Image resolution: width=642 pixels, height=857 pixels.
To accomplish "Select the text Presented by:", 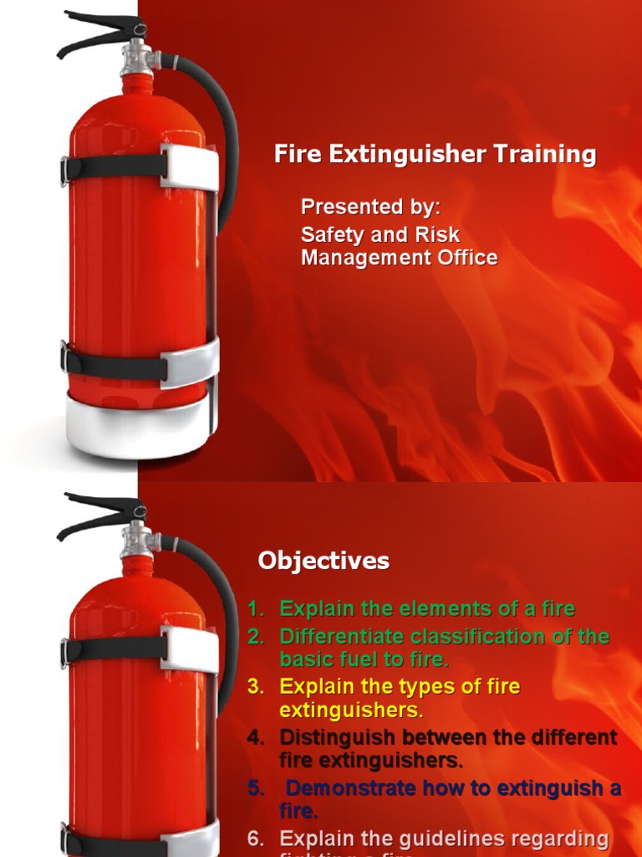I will coord(370,207).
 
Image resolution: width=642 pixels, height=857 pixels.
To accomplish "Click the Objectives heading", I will coord(324,561).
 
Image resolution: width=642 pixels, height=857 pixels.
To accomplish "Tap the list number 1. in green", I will coord(256,609).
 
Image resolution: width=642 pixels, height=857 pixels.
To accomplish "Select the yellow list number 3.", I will coord(255,687).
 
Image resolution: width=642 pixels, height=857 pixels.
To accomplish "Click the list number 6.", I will coord(256,839).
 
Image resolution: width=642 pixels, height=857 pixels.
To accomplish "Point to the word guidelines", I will coord(452,839).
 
